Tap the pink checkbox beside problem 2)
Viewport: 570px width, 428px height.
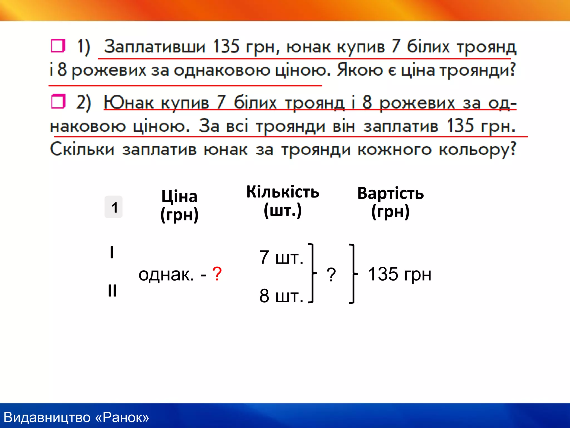pyautogui.click(x=58, y=101)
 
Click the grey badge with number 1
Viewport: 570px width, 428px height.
pyautogui.click(x=114, y=207)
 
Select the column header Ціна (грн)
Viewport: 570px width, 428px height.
pyautogui.click(x=180, y=206)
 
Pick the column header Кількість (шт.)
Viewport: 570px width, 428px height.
pyautogui.click(x=283, y=201)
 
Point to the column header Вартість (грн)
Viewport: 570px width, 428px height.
pyautogui.click(x=390, y=202)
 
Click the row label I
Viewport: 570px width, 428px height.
pyautogui.click(x=112, y=252)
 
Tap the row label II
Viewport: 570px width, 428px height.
pyautogui.click(x=112, y=291)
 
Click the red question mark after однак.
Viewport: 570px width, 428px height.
pyautogui.click(x=217, y=274)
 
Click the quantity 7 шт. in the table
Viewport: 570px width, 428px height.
pyautogui.click(x=281, y=257)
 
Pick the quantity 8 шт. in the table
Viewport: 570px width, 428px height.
pyautogui.click(x=281, y=296)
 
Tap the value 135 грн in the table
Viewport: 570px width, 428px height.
pyautogui.click(x=400, y=274)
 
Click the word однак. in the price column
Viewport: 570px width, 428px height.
pyautogui.click(x=166, y=274)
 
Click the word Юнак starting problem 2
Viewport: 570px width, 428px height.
pyautogui.click(x=129, y=102)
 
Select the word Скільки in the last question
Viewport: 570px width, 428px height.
pyautogui.click(x=82, y=149)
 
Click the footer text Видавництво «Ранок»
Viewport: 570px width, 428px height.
pyautogui.click(x=76, y=417)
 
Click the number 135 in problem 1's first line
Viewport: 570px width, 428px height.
pyautogui.click(x=226, y=46)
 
